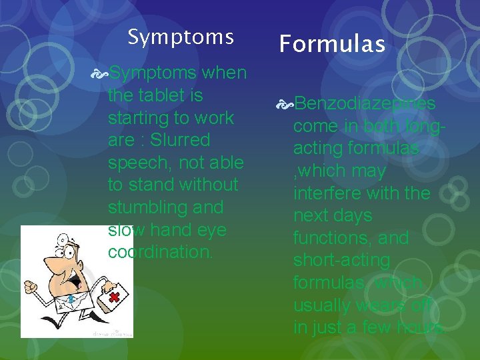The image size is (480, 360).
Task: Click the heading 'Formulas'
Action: [332, 44]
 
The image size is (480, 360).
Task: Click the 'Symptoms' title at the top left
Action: [181, 37]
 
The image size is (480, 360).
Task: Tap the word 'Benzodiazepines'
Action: [365, 103]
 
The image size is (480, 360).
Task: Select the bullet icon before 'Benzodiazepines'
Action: [285, 104]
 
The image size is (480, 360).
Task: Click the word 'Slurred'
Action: [181, 140]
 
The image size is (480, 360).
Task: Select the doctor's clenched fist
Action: [31, 287]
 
